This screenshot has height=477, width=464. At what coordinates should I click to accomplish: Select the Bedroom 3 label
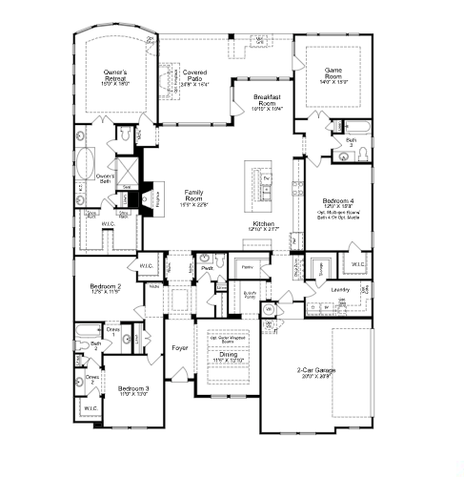(x=133, y=389)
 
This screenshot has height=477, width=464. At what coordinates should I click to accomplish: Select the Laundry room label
(x=340, y=289)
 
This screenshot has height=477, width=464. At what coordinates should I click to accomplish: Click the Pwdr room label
(x=207, y=269)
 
